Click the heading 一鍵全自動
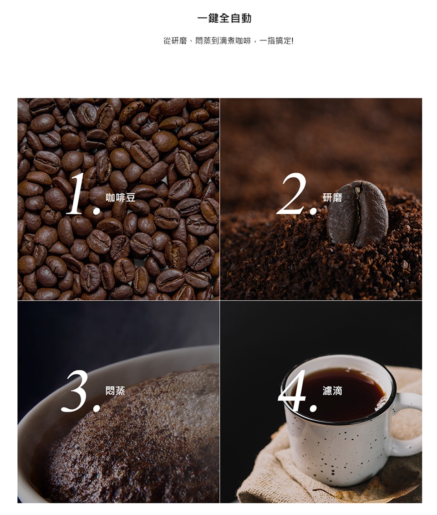point(224,18)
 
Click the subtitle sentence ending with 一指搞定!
point(229,41)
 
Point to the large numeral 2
point(291,194)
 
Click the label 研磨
point(332,198)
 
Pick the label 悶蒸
point(115,391)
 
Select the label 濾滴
point(332,391)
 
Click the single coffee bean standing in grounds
point(357,213)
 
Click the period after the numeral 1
point(97,211)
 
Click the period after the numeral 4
point(314,407)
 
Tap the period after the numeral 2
point(314,211)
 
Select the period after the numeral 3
point(97,408)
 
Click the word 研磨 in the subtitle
point(179,41)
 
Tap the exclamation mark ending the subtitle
point(292,41)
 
